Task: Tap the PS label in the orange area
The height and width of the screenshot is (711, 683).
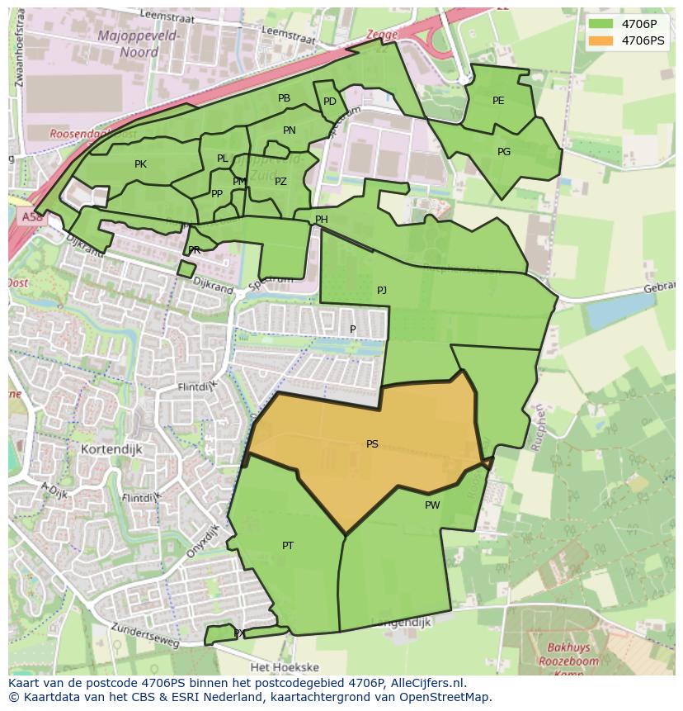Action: point(372,444)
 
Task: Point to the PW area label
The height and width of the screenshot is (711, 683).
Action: point(432,505)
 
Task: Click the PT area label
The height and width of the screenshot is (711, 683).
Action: point(288,546)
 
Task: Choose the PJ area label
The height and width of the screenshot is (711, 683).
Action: point(382,291)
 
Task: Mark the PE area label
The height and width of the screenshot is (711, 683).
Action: point(498,101)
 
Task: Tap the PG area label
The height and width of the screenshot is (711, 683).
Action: point(504,152)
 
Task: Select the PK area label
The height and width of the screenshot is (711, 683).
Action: point(140,164)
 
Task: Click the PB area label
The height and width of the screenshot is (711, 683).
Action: point(284,98)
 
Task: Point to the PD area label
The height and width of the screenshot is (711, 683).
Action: point(329,102)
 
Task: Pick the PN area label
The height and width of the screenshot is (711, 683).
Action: point(290,130)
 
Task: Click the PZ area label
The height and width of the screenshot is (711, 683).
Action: point(280,182)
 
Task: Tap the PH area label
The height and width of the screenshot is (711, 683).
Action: point(322,220)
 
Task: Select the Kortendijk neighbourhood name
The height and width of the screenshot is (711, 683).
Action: point(112,449)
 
